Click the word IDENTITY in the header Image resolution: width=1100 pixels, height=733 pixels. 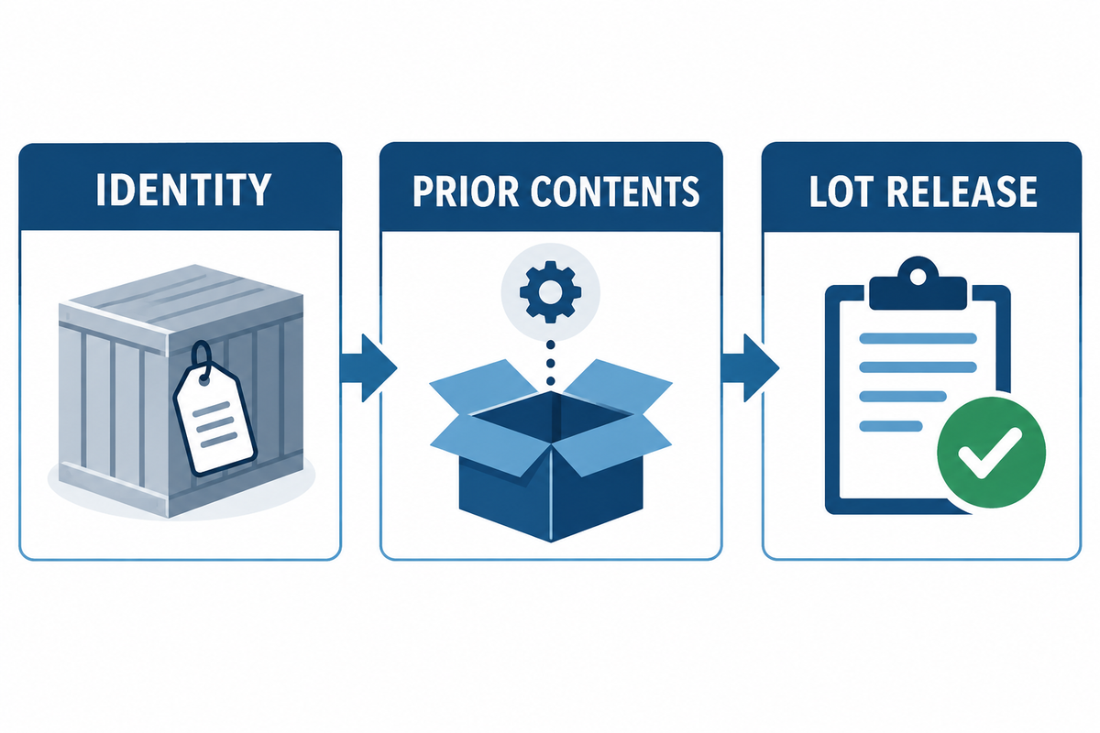[183, 190]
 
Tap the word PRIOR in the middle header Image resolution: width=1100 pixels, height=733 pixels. [466, 191]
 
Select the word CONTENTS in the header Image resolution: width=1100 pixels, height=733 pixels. [615, 191]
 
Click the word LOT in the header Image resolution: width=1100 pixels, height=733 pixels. [841, 191]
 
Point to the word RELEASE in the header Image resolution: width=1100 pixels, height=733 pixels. [962, 191]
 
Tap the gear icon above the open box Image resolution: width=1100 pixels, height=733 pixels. [551, 291]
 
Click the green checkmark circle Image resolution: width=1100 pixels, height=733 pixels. [991, 453]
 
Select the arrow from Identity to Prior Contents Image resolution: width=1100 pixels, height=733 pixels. [368, 367]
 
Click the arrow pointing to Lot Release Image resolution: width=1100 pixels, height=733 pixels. [750, 367]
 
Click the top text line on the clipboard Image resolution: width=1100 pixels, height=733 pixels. [918, 338]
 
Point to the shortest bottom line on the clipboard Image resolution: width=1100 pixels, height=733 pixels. [891, 426]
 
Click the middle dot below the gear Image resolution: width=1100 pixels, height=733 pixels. [551, 364]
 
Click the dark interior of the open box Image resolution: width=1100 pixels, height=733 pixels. [551, 415]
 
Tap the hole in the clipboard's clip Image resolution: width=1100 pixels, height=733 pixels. [918, 278]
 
